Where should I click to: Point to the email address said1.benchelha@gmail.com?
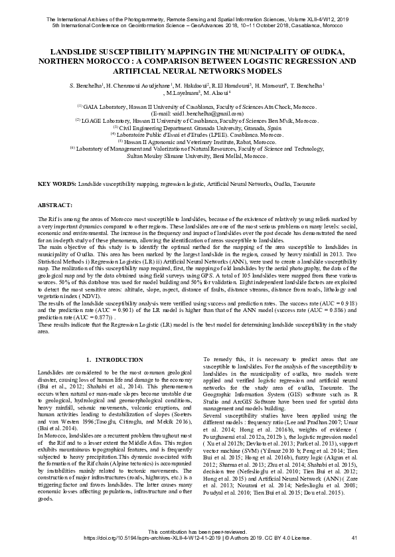[198, 113]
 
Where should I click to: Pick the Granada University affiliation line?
[197, 127]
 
